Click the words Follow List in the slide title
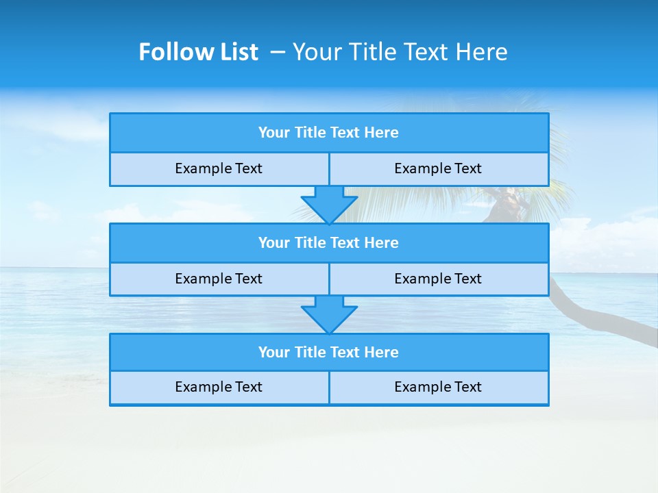[198, 52]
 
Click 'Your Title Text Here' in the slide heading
[400, 52]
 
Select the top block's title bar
[329, 133]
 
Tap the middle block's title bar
[329, 243]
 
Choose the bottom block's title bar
[329, 353]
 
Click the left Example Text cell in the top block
[219, 168]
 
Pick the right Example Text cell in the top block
[438, 168]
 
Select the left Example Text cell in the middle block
[219, 279]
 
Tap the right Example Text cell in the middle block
[438, 279]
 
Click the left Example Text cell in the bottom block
[219, 387]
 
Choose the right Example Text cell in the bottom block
[438, 387]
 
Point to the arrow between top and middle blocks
[329, 205]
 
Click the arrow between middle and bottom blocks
[329, 314]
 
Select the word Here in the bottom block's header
[381, 353]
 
